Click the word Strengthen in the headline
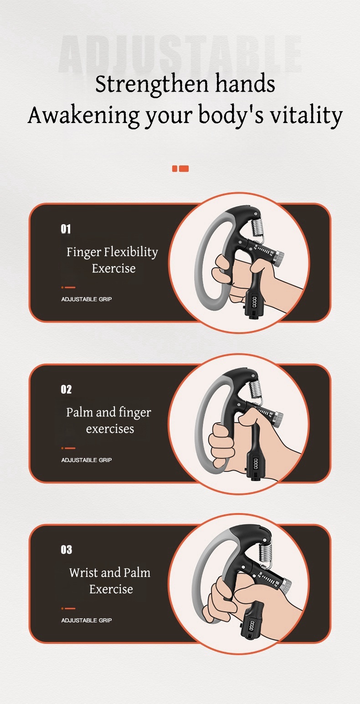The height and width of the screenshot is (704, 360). [x=152, y=84]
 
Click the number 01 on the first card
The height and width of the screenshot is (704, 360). [x=66, y=229]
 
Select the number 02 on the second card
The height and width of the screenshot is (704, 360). [x=66, y=390]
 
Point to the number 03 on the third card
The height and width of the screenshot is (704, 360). [x=67, y=550]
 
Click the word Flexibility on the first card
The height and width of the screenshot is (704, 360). [x=131, y=252]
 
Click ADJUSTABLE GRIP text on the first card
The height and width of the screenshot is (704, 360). [x=87, y=299]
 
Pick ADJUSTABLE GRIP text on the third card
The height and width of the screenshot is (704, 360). [x=87, y=621]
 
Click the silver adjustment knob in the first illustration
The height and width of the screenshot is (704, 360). [x=278, y=259]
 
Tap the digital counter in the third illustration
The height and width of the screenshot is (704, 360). [x=252, y=626]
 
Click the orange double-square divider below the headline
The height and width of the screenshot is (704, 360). [x=180, y=169]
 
